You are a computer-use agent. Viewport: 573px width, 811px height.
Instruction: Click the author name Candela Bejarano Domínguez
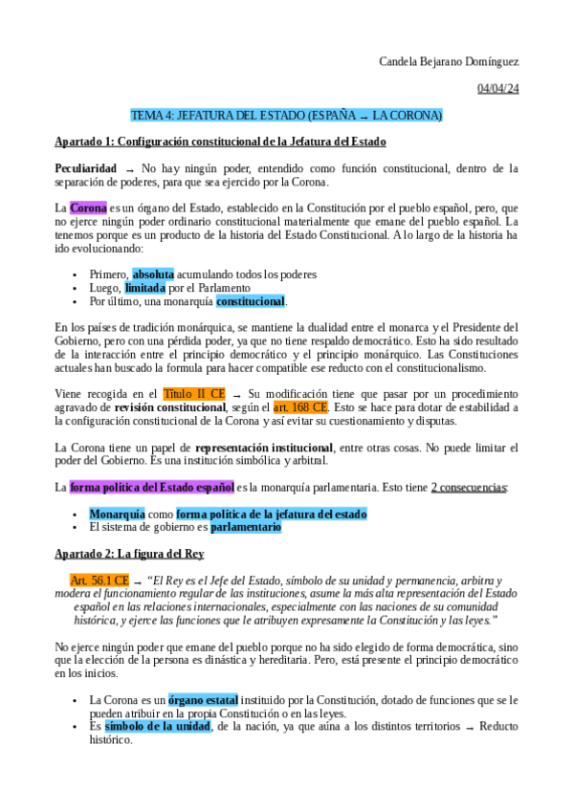[x=449, y=63]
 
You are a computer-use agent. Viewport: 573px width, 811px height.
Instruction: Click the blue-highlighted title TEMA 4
[x=286, y=116]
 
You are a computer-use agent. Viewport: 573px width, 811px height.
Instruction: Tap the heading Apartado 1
[x=220, y=142]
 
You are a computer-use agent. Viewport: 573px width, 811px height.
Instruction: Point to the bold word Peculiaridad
[x=86, y=168]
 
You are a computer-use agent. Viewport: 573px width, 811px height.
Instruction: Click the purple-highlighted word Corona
[x=88, y=208]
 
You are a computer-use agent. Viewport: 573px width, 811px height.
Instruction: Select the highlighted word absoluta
[x=153, y=274]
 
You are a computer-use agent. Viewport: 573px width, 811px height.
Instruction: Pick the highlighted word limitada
[x=144, y=288]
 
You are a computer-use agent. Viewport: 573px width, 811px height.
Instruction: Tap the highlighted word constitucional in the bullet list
[x=250, y=301]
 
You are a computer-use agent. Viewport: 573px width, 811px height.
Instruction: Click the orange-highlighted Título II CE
[x=194, y=393]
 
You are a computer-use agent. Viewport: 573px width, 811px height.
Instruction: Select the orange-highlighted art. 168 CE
[x=300, y=406]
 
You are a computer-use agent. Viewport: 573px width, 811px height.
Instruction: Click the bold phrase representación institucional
[x=263, y=447]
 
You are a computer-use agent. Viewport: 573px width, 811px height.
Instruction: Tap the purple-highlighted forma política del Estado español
[x=152, y=487]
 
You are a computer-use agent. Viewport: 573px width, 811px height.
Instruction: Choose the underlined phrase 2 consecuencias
[x=469, y=487]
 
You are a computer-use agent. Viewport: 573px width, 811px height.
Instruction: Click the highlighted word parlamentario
[x=246, y=527]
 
